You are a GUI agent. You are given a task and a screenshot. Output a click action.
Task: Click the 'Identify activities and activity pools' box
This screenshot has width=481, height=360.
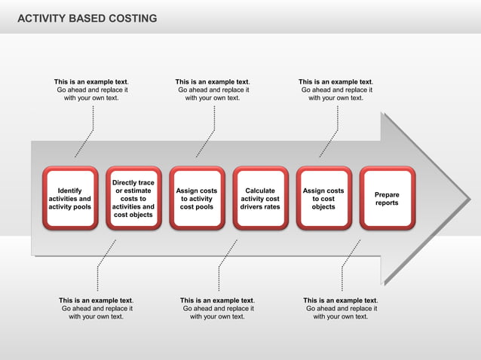[x=70, y=198]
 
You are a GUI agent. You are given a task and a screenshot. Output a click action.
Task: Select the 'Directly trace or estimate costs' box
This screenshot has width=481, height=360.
[x=133, y=198]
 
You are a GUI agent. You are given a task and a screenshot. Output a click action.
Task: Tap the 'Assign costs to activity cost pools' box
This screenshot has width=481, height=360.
[x=197, y=198]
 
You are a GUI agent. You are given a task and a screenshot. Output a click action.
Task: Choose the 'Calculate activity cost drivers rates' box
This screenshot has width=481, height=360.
[x=260, y=198]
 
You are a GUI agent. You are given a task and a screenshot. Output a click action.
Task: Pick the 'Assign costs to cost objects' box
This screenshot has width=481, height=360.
[x=323, y=198]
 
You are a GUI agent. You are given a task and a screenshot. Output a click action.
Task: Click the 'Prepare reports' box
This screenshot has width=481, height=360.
[x=387, y=198]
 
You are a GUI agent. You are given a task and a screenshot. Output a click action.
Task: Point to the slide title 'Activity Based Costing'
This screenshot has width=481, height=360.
[x=87, y=18]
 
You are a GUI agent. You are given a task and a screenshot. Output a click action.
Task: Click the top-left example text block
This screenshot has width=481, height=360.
[x=91, y=90]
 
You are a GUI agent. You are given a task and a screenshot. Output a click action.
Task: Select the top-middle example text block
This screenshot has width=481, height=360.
[x=213, y=90]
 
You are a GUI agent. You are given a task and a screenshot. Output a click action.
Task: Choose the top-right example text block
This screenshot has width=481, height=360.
[x=336, y=90]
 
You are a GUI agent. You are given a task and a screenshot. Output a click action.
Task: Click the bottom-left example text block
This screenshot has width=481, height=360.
[x=97, y=308]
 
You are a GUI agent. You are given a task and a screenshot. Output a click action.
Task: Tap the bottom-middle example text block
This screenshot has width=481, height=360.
[x=218, y=308]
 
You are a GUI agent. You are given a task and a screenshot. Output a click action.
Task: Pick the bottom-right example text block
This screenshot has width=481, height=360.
[x=341, y=308]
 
